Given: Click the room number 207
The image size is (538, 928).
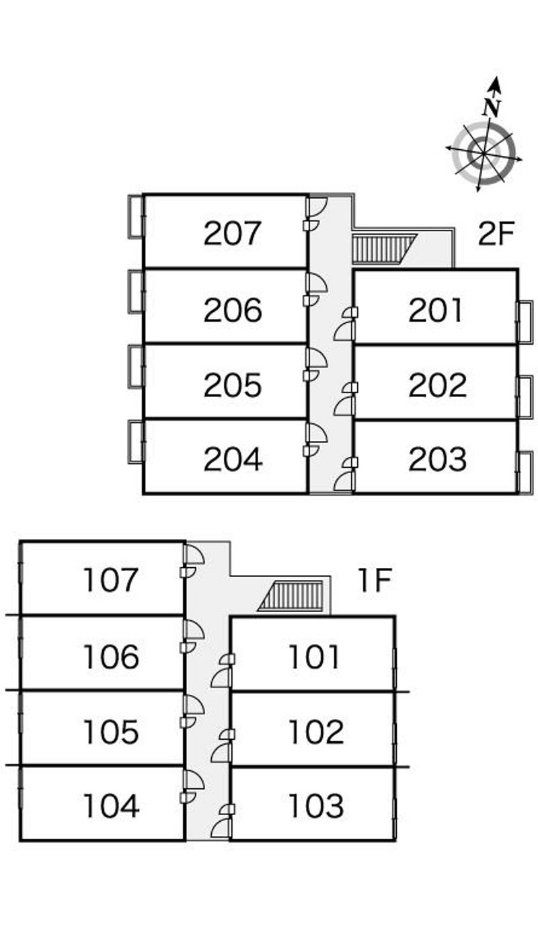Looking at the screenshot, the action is tap(233, 233).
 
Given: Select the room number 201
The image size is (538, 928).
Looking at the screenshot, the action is tap(435, 310).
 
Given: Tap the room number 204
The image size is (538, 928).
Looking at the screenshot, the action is tap(233, 459).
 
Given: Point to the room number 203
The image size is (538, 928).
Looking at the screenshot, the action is tap(437, 459).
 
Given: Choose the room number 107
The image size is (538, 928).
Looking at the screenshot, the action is tap(110, 580).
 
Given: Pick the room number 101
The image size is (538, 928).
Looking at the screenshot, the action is tap(314, 657).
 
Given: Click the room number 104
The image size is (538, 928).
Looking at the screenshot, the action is tap(111, 806).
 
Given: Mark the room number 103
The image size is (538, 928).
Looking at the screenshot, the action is tap(316, 806).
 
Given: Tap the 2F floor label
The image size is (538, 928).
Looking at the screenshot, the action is tap(496, 234).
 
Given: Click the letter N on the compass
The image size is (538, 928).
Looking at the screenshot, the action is tap(492, 108).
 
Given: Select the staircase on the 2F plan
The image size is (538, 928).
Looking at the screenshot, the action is tap(384, 249).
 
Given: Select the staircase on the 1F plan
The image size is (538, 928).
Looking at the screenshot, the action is tap(290, 596).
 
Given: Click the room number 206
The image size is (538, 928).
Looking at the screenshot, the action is tap(233, 310).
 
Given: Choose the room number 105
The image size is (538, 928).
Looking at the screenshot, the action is tap(111, 732).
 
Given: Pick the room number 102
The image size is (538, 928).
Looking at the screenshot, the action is tap(316, 732).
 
